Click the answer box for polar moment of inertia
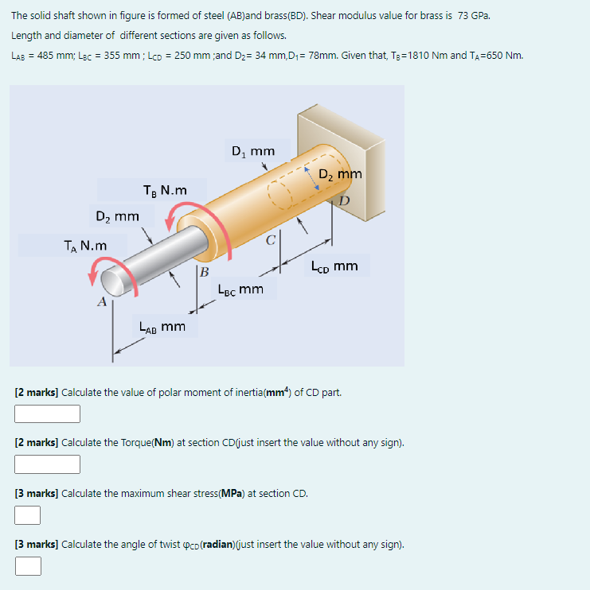[x=47, y=413]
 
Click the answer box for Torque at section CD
[x=47, y=464]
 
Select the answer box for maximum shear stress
[x=28, y=515]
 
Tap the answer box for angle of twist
[x=28, y=566]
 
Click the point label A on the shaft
[x=102, y=302]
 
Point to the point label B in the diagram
[x=204, y=272]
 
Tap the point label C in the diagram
[x=271, y=240]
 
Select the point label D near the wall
[x=344, y=201]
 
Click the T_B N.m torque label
[x=165, y=190]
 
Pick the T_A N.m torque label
[x=85, y=246]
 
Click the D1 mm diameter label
[x=253, y=151]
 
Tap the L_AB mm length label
[x=162, y=327]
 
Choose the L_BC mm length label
[x=240, y=289]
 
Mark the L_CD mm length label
[x=334, y=266]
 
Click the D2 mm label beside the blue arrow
[x=340, y=174]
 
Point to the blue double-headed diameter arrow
[x=311, y=178]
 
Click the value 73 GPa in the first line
[x=474, y=16]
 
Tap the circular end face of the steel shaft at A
[x=112, y=283]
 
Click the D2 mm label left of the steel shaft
[x=118, y=217]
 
